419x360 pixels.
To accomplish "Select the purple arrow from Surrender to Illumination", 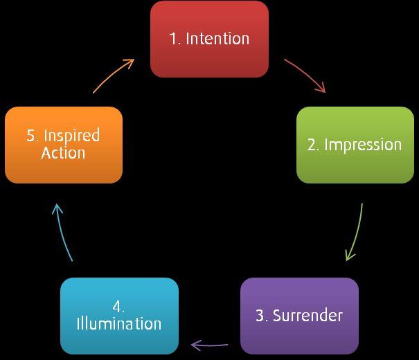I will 209,344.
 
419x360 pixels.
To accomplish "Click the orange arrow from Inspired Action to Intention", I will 114,74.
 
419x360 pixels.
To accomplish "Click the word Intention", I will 217,39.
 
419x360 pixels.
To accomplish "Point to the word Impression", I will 363,145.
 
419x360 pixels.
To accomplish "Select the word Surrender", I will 307,316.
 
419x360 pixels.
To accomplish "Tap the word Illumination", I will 119,324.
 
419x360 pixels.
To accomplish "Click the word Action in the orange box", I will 63,153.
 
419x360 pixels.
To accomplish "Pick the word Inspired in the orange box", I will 72,136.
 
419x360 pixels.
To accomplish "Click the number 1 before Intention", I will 173,39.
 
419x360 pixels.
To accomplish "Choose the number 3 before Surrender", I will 260,316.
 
